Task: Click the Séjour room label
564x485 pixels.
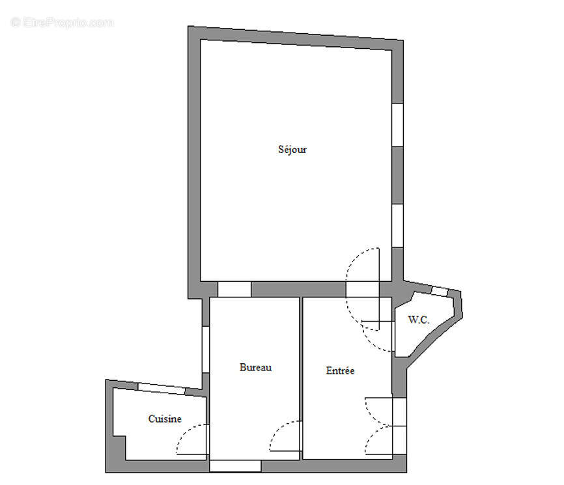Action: (x=292, y=150)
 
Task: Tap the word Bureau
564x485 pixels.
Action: (x=255, y=368)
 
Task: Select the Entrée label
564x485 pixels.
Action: (x=340, y=371)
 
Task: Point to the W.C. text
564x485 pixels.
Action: (x=417, y=320)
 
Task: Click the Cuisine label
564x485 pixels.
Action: (x=165, y=419)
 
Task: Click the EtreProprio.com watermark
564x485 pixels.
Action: (x=62, y=23)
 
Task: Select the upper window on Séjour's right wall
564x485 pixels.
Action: (x=397, y=124)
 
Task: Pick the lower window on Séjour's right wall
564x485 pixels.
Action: (x=397, y=225)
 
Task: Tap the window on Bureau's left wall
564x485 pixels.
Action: (x=206, y=349)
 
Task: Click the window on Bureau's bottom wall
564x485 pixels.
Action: (x=234, y=466)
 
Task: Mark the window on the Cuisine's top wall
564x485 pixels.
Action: (x=162, y=389)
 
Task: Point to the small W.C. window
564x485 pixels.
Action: (x=441, y=291)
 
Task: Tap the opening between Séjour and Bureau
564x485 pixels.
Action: (x=234, y=289)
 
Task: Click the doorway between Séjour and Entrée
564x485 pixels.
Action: (x=362, y=289)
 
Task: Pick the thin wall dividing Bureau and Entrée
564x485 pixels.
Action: (x=302, y=378)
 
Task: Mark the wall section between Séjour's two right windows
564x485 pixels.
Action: (x=397, y=175)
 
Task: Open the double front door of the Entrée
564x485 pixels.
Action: (x=399, y=427)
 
